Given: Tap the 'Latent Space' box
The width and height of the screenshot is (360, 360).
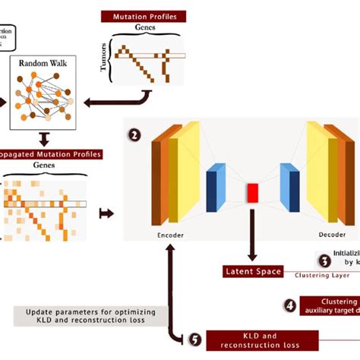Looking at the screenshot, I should pyautogui.click(x=253, y=271).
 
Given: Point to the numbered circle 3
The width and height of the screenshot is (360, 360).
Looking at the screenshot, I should pyautogui.click(x=324, y=261).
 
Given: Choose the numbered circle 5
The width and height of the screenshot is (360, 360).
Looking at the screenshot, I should pyautogui.click(x=194, y=339).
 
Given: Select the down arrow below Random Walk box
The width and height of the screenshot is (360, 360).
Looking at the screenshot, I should pyautogui.click(x=43, y=138).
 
